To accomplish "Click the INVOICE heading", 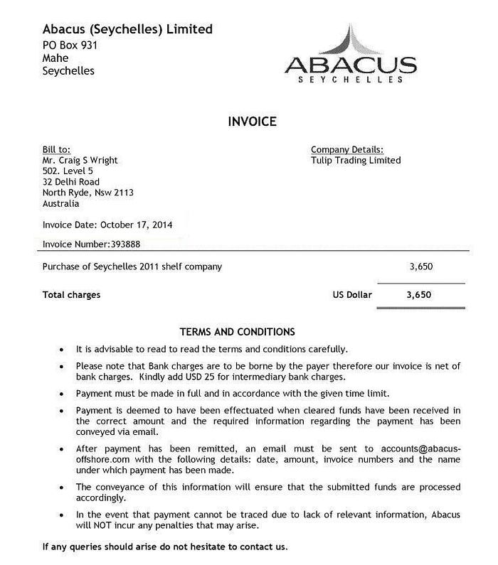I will pos(252,122).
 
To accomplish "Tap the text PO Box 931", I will pos(70,45).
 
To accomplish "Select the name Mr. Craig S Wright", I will pos(80,161).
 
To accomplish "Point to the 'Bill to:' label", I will pos(56,150).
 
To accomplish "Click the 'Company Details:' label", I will pos(347,150).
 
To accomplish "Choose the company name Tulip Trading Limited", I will pos(356,161).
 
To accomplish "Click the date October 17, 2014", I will pos(136,225).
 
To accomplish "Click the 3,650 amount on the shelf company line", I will pos(420,267).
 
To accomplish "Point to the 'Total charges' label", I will pos(71,294).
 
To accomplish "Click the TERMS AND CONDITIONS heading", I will pos(237,332).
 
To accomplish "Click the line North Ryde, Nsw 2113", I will pos(88,193).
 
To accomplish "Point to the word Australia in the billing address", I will pos(61,203).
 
